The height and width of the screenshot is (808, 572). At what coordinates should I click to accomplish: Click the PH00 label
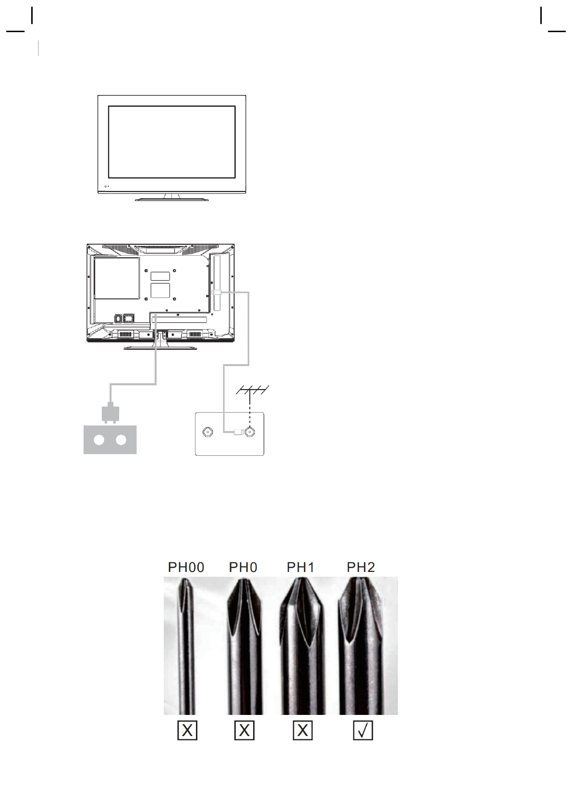(x=186, y=568)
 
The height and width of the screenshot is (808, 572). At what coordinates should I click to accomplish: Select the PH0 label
(x=243, y=568)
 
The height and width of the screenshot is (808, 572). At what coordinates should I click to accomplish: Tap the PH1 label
(x=300, y=568)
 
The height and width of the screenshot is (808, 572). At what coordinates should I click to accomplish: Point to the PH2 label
(x=361, y=568)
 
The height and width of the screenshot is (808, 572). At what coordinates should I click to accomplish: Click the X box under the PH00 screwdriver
(x=187, y=730)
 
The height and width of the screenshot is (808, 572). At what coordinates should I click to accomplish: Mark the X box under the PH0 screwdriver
(x=244, y=730)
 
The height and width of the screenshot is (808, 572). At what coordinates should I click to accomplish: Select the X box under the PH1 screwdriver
(x=303, y=730)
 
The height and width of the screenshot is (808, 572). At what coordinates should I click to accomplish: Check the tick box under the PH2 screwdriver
(x=363, y=730)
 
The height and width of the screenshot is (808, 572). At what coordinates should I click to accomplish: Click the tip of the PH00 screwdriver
(x=185, y=580)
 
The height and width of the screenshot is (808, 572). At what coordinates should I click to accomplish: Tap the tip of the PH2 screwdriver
(x=360, y=579)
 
